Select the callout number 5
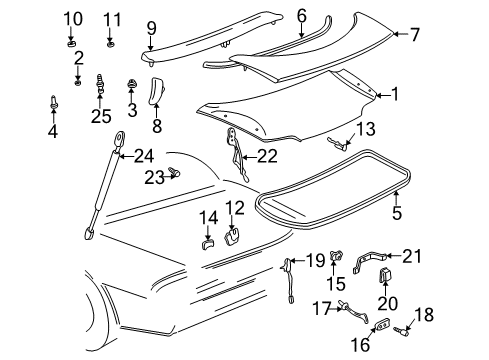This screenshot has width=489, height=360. (397, 214)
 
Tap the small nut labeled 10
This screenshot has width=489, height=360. (69, 44)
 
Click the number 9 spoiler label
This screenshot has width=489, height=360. (151, 27)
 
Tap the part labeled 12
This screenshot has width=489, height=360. (233, 236)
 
